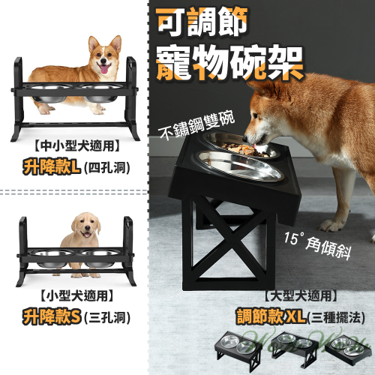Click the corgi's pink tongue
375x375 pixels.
pyautogui.click(x=104, y=69)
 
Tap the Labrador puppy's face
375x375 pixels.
pyautogui.click(x=85, y=226)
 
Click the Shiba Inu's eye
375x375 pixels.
pyautogui.click(x=255, y=115)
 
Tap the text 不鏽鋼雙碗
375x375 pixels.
pyautogui.click(x=196, y=125)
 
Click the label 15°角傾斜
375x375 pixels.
pyautogui.click(x=317, y=246)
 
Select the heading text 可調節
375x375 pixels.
pyautogui.click(x=202, y=23)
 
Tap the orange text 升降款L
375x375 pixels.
pyautogui.click(x=52, y=167)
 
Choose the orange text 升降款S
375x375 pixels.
pyautogui.click(x=52, y=317)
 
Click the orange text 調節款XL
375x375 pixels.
pyautogui.click(x=271, y=316)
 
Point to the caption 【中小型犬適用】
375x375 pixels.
pyautogui.click(x=76, y=146)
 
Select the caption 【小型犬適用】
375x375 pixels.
pyautogui.click(x=76, y=296)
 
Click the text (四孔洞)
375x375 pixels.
pyautogui.click(x=107, y=168)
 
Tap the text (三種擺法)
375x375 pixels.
pyautogui.click(x=336, y=317)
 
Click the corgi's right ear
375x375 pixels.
pyautogui.click(x=115, y=43)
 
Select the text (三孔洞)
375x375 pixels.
pyautogui.click(x=107, y=318)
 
